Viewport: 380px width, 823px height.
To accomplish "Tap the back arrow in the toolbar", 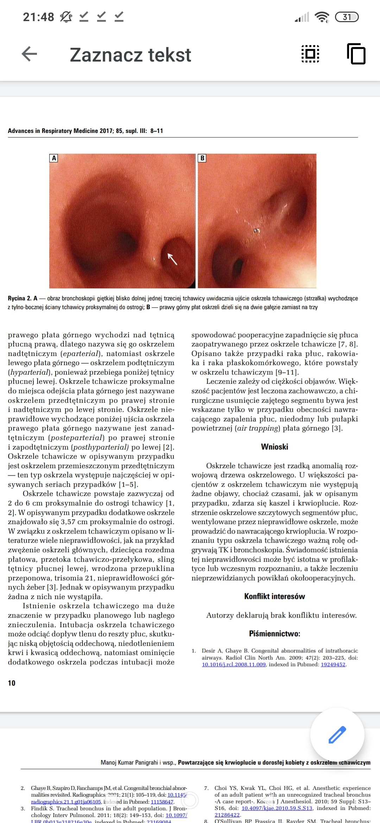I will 29,54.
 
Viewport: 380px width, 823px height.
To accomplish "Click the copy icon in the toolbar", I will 356,54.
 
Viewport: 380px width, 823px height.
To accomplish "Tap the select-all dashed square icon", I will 310,54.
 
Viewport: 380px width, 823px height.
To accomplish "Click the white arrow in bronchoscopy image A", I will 172,259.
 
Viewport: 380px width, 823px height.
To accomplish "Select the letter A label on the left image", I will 54,158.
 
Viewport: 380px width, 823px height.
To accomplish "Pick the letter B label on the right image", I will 202,158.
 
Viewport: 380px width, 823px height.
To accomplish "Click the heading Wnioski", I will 274,447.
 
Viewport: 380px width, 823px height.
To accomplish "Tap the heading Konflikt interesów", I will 274,596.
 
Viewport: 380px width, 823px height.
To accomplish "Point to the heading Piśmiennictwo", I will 274,633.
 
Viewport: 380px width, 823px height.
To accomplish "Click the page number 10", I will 12,683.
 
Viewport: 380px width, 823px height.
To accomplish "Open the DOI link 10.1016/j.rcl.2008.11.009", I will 234,664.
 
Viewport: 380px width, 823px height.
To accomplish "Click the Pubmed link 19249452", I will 333,664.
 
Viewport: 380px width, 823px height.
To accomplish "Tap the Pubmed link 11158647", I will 162,802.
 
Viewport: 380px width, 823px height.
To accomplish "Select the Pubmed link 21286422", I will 227,815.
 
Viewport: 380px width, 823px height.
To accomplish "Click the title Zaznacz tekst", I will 130,55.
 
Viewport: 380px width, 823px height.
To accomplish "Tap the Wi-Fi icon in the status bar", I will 322,17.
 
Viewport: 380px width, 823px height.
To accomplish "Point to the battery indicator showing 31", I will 347,17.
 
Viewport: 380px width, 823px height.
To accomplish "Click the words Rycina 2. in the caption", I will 19,298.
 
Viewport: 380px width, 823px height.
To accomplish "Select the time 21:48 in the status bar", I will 38,17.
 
